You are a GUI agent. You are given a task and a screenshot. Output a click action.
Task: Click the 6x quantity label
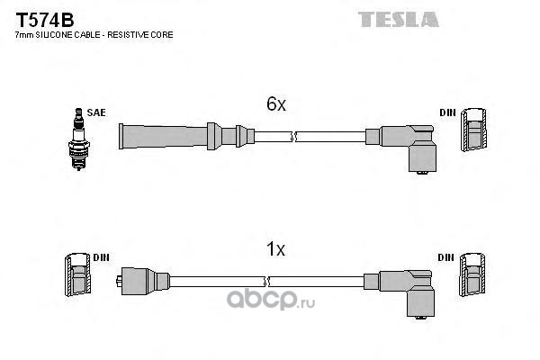[x=276, y=105]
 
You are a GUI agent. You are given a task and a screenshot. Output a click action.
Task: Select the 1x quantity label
[x=276, y=251]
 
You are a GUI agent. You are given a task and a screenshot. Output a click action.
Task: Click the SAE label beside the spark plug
[x=96, y=112]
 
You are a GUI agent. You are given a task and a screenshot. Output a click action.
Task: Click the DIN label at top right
[x=447, y=112]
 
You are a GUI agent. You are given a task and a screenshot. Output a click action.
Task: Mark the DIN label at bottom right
[x=447, y=257]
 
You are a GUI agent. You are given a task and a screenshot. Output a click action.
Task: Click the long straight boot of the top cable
[x=166, y=136]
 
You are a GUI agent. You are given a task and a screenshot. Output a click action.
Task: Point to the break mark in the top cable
[x=292, y=136]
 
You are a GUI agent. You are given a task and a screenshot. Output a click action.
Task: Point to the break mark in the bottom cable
[x=292, y=281]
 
